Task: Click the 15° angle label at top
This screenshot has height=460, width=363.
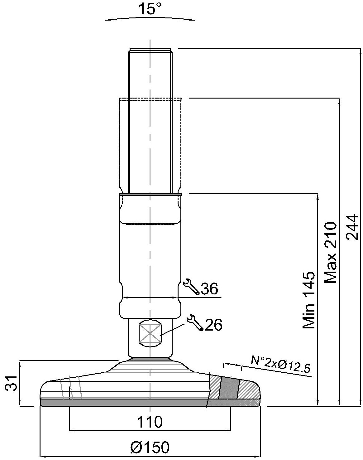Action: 150,9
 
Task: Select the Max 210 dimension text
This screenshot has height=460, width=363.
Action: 330,253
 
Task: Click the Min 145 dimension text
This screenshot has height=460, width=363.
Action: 309,300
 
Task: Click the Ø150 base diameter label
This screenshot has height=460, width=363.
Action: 150,447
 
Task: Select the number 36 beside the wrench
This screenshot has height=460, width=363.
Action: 209,289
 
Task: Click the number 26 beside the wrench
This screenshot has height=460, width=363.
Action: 214,325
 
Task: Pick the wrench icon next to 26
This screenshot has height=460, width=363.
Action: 195,322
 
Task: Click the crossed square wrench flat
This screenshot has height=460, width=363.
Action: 150,333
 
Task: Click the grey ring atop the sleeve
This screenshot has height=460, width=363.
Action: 150,194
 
